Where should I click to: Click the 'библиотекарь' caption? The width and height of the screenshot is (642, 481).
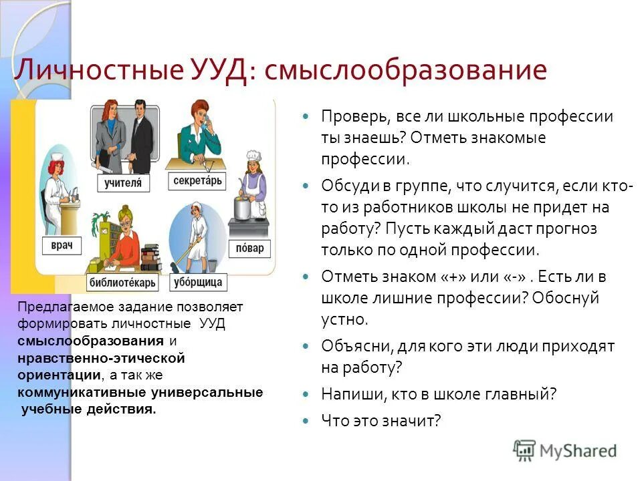click(x=122, y=282)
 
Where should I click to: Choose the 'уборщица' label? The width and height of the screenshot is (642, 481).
click(x=197, y=281)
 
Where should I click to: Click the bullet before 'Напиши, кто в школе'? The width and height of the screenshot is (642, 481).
click(x=306, y=393)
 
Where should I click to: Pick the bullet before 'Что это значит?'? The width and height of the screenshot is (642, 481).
click(x=306, y=421)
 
